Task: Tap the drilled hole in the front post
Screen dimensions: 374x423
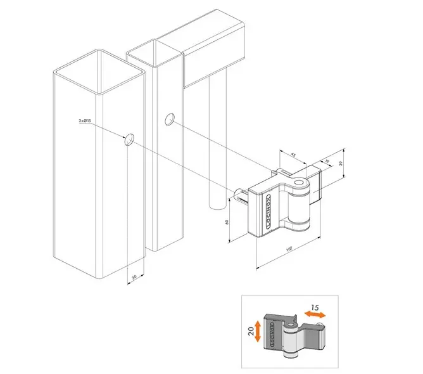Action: click(129, 140)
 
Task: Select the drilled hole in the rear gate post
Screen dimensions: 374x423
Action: click(169, 119)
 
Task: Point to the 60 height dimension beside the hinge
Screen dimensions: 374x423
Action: click(227, 222)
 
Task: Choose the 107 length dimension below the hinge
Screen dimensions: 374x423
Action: click(288, 249)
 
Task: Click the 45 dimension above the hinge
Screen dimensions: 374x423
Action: click(293, 154)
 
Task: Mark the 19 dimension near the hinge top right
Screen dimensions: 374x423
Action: click(327, 162)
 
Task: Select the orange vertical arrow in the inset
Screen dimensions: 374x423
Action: click(257, 331)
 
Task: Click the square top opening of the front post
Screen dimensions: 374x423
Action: click(99, 69)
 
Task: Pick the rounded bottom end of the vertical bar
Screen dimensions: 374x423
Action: click(217, 205)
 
